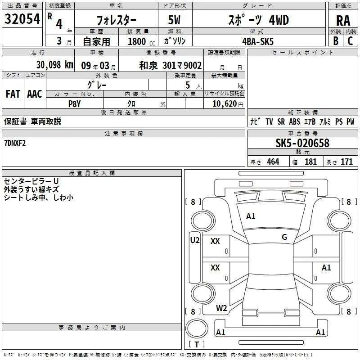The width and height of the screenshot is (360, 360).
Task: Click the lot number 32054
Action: coord(22,19)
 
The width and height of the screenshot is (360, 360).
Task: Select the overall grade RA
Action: coord(343,21)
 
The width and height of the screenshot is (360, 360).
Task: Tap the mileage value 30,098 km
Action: coord(54,65)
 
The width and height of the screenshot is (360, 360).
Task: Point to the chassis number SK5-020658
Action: coord(302,143)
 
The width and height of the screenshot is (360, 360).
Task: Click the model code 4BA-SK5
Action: coord(258,41)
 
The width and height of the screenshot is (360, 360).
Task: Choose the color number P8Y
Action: coord(75,104)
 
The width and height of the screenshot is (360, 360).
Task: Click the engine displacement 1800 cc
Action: coord(141,42)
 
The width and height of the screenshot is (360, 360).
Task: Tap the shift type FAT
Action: coord(13,94)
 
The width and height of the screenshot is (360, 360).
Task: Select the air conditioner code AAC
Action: coord(35,94)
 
